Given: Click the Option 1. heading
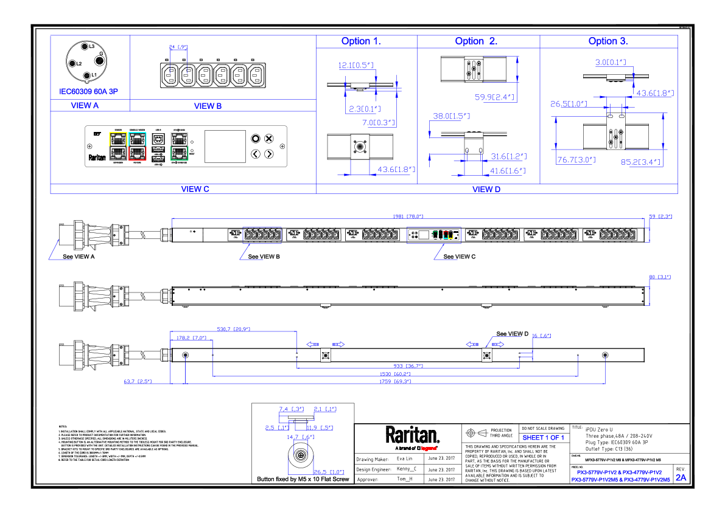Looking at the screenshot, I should click(361, 41).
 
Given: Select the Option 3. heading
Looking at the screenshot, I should click(608, 41).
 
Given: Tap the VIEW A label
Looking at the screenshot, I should click(85, 106).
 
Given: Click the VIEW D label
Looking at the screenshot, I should click(486, 189).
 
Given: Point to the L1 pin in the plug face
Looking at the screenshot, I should click(86, 75).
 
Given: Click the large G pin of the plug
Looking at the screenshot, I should click(99, 60).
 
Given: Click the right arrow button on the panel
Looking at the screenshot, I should click(269, 154).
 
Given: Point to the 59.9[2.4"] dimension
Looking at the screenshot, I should click(494, 97).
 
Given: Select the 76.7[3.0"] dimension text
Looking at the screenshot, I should click(576, 161).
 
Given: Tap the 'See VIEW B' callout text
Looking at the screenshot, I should click(264, 257).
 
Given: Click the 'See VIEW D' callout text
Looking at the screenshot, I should click(511, 334).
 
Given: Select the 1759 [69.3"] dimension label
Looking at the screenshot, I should click(396, 382).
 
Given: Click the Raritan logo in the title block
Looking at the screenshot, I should click(412, 435).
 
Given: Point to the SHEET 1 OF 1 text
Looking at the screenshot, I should click(544, 437).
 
